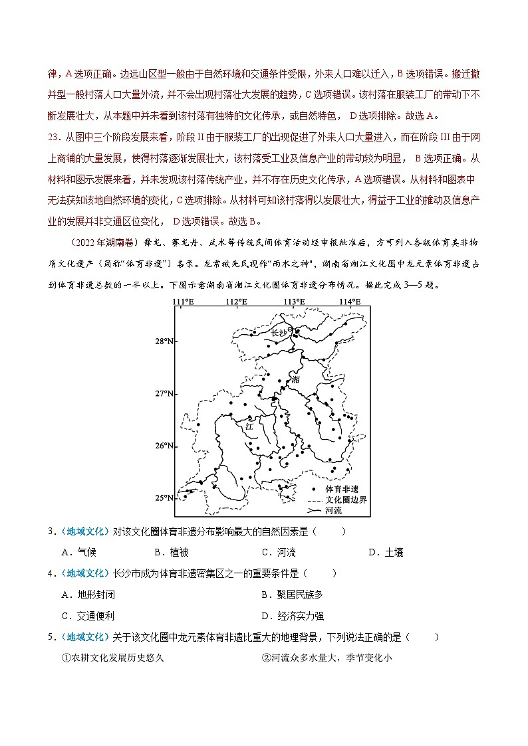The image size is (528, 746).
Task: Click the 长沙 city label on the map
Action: click(x=279, y=333)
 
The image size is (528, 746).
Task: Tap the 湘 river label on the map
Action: click(x=296, y=379)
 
